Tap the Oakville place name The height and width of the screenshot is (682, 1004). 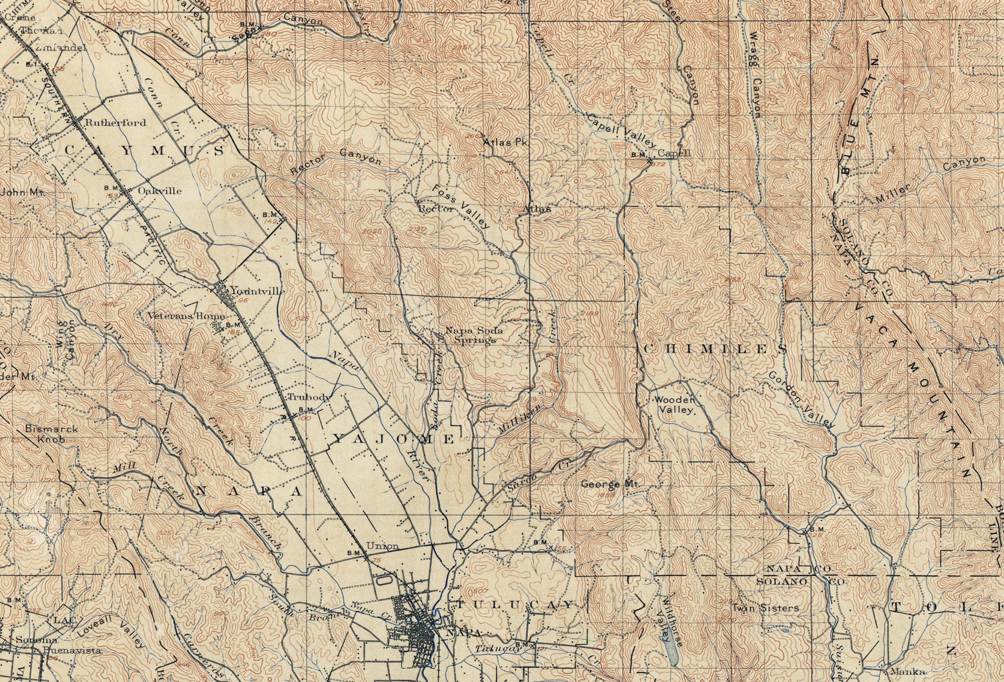click(x=159, y=191)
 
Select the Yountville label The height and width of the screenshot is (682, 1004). click(x=258, y=291)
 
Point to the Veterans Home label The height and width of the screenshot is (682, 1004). click(x=186, y=316)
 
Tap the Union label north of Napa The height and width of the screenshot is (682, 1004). click(x=382, y=546)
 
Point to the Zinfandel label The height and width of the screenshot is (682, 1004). click(x=61, y=48)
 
